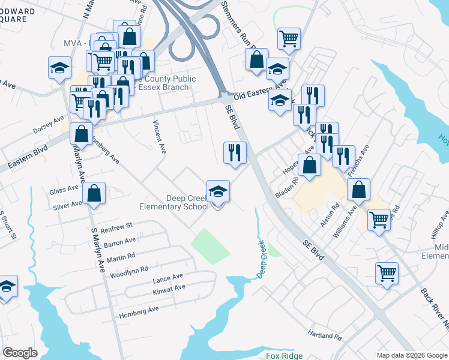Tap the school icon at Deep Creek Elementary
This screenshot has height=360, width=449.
(218, 192)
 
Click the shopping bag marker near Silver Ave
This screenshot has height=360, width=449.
(94, 193)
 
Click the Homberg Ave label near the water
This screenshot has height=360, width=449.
(139, 310)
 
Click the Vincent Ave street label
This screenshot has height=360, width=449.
(158, 137)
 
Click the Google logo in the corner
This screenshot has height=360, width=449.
(20, 352)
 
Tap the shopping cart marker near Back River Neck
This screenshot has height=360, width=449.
(387, 274)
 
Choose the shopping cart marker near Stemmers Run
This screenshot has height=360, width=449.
(289, 38)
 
